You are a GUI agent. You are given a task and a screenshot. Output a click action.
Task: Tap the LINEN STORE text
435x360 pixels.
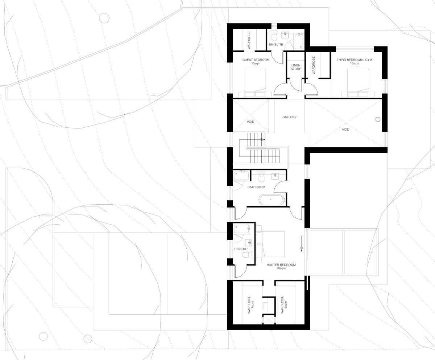[296, 67]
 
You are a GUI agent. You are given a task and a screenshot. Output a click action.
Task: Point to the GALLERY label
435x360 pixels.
[289, 117]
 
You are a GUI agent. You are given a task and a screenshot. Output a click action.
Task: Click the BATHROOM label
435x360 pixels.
[256, 187]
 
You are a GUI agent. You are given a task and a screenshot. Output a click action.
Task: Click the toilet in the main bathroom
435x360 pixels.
[261, 177]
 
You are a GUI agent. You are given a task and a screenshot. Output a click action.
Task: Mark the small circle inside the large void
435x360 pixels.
[378, 119]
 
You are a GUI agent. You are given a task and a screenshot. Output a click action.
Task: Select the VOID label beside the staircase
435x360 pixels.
[250, 122]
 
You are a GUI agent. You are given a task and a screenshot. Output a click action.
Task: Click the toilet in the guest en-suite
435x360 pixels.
[274, 37]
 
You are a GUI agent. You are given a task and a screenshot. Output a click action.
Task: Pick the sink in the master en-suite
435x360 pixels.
[249, 243]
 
